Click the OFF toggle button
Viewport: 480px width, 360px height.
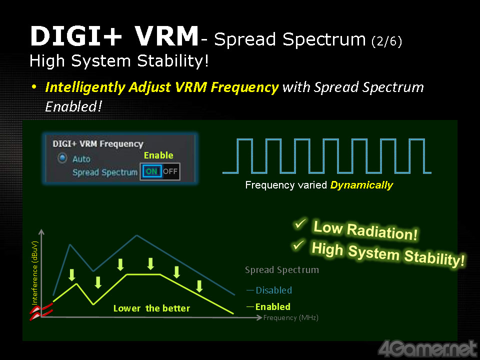(x=170, y=171)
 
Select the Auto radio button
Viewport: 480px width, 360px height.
(x=62, y=158)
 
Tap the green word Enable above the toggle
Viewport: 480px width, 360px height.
(x=158, y=155)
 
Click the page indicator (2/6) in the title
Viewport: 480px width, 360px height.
(x=386, y=41)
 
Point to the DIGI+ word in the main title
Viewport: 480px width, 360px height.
(x=76, y=36)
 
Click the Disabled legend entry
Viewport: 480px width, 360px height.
(x=269, y=290)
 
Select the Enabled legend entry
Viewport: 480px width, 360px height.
(x=269, y=306)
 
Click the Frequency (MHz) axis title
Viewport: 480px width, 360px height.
(x=291, y=318)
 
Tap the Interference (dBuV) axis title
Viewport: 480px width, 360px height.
(x=34, y=273)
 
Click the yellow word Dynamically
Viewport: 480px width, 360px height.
(x=361, y=185)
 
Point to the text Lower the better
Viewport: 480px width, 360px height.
(x=151, y=308)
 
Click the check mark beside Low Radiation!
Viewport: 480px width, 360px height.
(x=300, y=223)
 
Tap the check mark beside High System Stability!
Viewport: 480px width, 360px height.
(x=298, y=245)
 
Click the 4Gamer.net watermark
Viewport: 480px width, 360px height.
(x=427, y=348)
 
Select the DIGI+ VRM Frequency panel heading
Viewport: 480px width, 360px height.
(x=98, y=143)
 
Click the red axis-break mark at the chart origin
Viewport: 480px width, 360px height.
(x=41, y=311)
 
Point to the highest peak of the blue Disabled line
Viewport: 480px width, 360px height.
(x=137, y=235)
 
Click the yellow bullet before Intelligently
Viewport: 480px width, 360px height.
(x=34, y=87)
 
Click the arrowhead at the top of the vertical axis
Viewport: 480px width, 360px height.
(x=41, y=231)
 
